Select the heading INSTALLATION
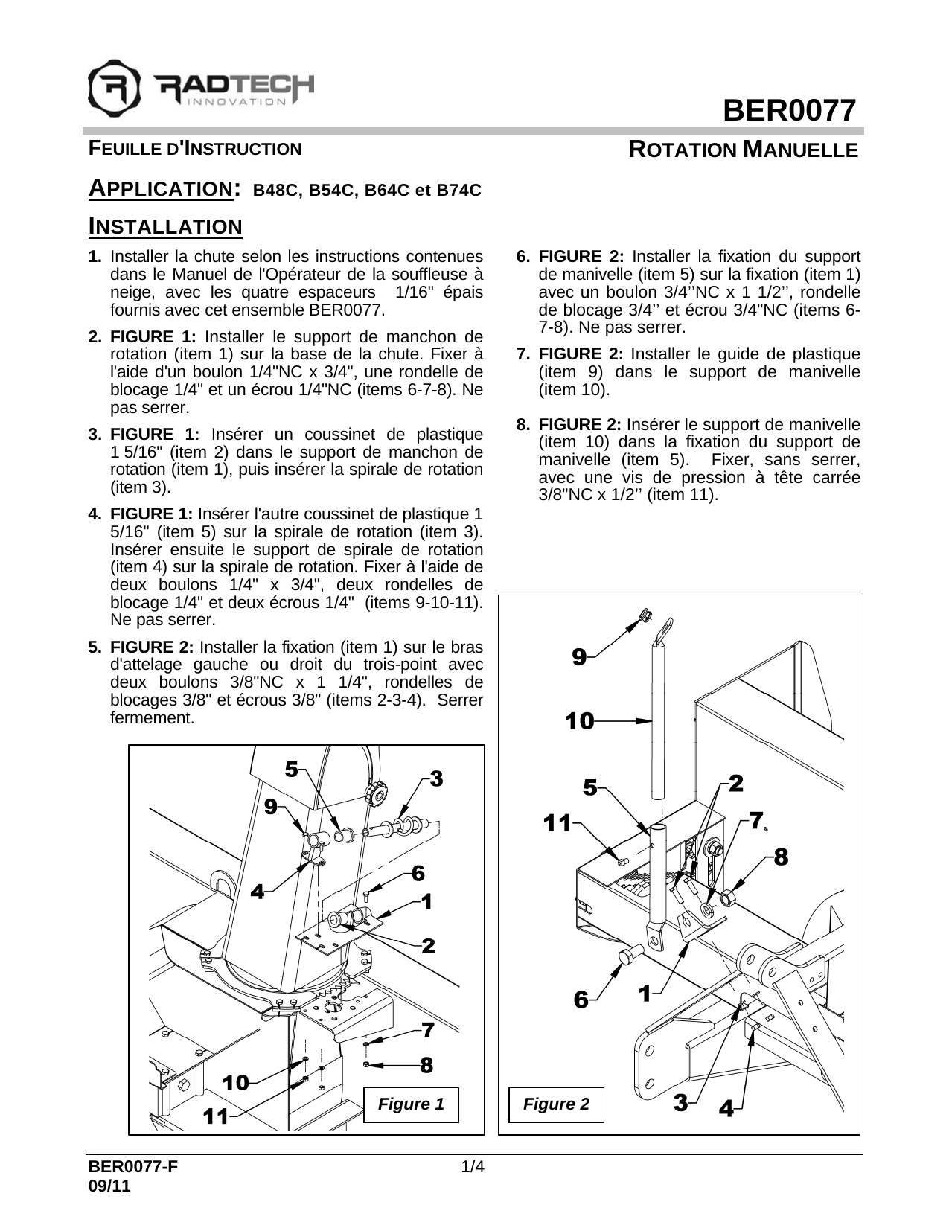point(165,226)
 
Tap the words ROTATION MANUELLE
point(743,150)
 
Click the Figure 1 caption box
point(411,1104)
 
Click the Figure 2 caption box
point(556,1104)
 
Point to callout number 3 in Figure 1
point(436,779)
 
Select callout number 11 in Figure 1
point(217,1116)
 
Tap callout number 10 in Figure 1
point(235,1083)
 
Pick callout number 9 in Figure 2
point(579,656)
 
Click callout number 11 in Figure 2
point(557,824)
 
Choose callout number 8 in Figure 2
point(780,857)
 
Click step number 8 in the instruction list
point(523,425)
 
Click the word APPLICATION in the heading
point(159,188)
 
